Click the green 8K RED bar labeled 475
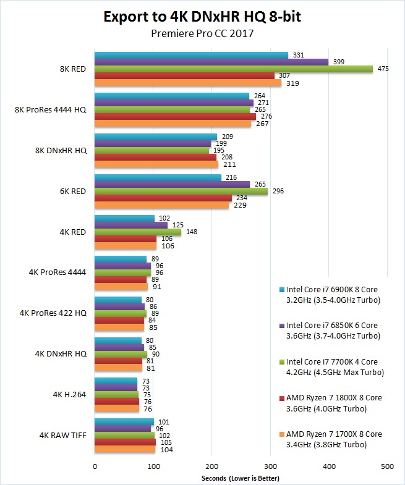(234, 69)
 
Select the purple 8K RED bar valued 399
(211, 62)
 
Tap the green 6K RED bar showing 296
(181, 192)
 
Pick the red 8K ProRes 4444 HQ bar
(175, 116)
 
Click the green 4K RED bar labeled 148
(138, 232)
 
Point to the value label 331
(299, 56)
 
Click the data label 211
(228, 164)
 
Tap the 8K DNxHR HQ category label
(61, 151)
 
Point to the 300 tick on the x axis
(271, 466)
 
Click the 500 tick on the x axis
(388, 466)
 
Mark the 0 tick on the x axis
(95, 466)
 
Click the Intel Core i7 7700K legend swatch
(283, 361)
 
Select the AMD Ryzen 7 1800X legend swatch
(283, 397)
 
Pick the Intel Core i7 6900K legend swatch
(283, 289)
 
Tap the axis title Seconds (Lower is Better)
(241, 478)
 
